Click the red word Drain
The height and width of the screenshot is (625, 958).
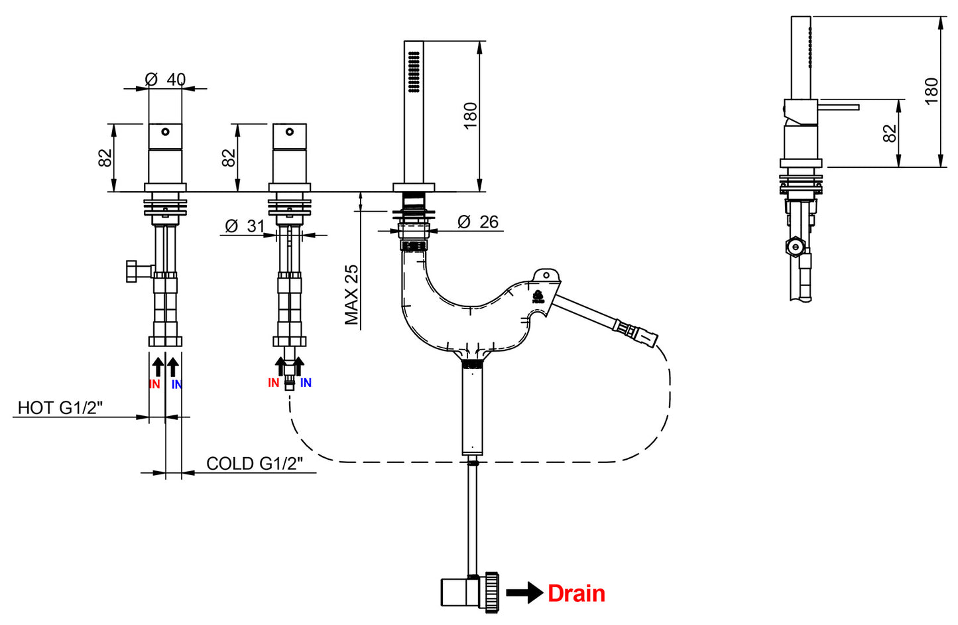(x=576, y=593)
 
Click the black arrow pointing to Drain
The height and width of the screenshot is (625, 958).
(x=525, y=592)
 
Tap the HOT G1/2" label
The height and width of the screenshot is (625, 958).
(x=60, y=407)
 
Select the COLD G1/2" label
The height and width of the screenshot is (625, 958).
(x=254, y=463)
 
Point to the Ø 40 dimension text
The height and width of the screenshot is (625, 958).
(x=165, y=80)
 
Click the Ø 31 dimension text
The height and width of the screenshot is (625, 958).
(x=245, y=226)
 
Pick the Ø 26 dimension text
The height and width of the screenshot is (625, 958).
(x=478, y=222)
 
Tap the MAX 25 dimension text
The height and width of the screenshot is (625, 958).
(x=351, y=295)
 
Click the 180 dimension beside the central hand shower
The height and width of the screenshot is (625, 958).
(x=470, y=116)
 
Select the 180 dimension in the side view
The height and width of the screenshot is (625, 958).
(x=931, y=91)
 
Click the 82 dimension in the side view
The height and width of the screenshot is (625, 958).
(x=890, y=133)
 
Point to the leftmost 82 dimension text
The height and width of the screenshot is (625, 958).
(x=105, y=158)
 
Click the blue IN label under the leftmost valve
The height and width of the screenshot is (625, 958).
(x=176, y=384)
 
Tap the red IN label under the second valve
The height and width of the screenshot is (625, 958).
(x=273, y=383)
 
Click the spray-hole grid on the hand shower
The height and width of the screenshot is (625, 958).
(x=414, y=72)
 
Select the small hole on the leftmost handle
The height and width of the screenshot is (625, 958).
(x=165, y=131)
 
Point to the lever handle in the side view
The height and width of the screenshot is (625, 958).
(x=838, y=107)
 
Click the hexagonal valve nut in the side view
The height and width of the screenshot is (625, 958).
(x=794, y=247)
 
